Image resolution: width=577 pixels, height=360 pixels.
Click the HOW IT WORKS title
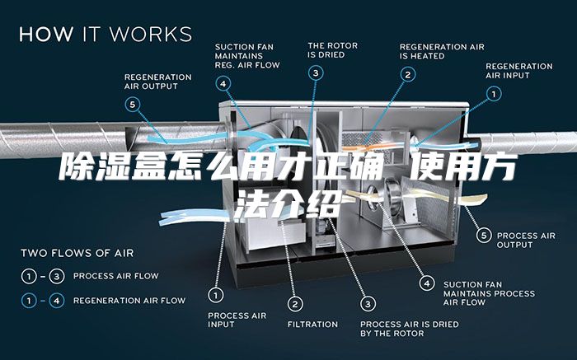click(x=106, y=35)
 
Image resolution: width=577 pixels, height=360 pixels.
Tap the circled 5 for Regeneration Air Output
click(x=133, y=105)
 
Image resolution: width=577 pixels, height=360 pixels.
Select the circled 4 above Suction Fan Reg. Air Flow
click(x=223, y=84)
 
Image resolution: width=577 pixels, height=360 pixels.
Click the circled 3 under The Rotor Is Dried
click(x=316, y=73)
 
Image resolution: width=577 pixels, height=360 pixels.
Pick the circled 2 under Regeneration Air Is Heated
click(x=408, y=75)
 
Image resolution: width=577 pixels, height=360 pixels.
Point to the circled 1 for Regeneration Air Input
click(x=494, y=94)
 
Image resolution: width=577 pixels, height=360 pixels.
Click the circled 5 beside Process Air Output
click(x=484, y=236)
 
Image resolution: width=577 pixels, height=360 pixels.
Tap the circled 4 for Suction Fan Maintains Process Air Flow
click(x=427, y=283)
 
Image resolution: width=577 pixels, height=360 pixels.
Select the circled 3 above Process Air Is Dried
click(x=368, y=304)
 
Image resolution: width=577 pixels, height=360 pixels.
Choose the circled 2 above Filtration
click(x=295, y=304)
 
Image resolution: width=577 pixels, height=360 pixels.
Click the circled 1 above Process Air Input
click(x=216, y=295)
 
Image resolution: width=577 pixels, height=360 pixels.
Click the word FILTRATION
click(x=312, y=325)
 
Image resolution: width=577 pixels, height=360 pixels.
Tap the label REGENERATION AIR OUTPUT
click(x=158, y=82)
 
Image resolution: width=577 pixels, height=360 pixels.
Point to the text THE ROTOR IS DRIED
click(x=333, y=50)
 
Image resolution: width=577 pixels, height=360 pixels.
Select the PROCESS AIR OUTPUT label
click(x=526, y=240)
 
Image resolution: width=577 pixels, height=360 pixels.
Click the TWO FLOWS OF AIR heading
click(x=77, y=253)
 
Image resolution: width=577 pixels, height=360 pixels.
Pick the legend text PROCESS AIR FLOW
click(x=116, y=276)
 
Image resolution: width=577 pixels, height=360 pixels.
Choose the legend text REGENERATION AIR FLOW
click(x=129, y=301)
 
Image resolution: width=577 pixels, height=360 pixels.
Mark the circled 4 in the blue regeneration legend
click(x=57, y=301)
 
